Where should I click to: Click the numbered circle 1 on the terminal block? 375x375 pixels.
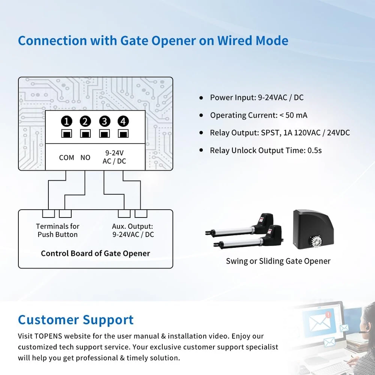(x=67, y=121)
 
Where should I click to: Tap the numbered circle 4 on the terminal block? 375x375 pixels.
(x=123, y=121)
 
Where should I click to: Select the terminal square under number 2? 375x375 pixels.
(x=85, y=134)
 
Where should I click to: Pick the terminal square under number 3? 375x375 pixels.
(x=104, y=134)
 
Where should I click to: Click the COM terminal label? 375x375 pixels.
(x=66, y=157)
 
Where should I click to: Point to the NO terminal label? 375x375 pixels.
(x=85, y=157)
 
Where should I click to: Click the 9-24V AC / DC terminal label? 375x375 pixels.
(x=114, y=157)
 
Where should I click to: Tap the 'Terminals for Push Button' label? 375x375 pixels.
(x=58, y=230)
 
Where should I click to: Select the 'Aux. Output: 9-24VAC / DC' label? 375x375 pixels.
(x=133, y=230)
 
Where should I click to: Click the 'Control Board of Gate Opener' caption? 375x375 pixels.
(x=95, y=253)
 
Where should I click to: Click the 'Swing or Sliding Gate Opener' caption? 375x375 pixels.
(x=278, y=261)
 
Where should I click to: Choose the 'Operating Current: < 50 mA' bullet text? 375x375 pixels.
(x=258, y=115)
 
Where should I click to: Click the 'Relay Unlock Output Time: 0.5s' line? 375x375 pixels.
(x=265, y=150)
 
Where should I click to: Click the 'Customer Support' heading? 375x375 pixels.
(x=76, y=320)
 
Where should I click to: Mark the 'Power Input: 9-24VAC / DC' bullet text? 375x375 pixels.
(x=256, y=97)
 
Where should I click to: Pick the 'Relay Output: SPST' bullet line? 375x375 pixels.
(x=280, y=133)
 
